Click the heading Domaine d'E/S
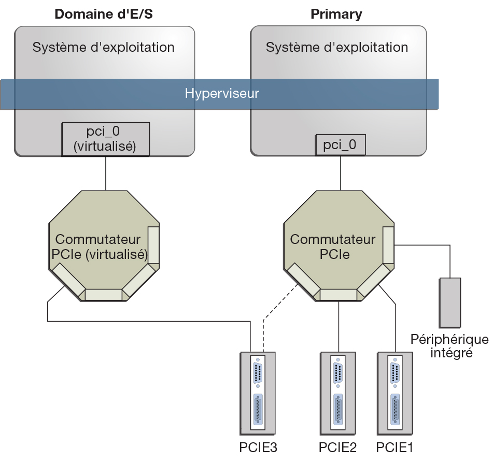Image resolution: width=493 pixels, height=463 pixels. [x=104, y=14]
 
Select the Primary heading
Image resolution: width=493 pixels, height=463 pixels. [x=336, y=14]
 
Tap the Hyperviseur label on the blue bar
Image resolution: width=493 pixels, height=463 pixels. [x=222, y=94]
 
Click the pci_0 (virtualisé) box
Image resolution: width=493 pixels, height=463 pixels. [x=105, y=139]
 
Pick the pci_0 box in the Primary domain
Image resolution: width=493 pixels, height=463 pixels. [x=340, y=144]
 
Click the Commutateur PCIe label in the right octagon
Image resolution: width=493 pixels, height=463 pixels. [x=332, y=247]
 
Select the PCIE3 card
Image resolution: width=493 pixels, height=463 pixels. [x=258, y=392]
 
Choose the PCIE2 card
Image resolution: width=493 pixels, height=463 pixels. [x=338, y=392]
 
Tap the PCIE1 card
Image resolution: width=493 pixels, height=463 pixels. [x=395, y=392]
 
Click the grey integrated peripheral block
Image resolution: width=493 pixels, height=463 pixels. [x=449, y=302]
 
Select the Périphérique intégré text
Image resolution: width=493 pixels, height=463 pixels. [x=449, y=346]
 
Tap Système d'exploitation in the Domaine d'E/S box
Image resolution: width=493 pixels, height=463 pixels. [x=104, y=48]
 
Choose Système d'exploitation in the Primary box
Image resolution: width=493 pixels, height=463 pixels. [x=337, y=48]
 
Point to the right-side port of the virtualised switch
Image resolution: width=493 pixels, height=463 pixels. [x=153, y=245]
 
